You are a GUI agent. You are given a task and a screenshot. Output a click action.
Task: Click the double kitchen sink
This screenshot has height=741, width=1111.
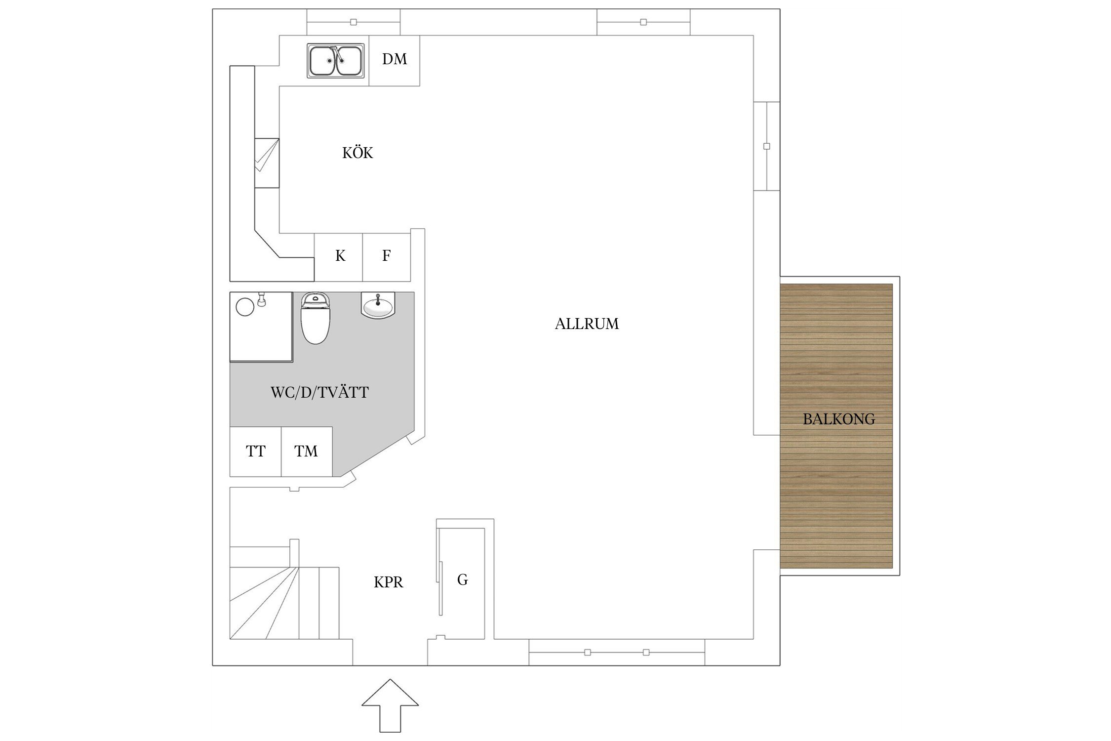(x=336, y=60)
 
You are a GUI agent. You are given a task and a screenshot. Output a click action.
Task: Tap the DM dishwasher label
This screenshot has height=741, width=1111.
(x=395, y=59)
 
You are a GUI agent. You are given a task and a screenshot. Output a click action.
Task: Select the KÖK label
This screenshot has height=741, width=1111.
(x=357, y=153)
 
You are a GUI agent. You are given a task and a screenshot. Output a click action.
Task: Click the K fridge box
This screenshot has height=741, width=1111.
(x=339, y=257)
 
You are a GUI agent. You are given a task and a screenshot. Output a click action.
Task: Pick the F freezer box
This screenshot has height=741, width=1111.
(x=387, y=257)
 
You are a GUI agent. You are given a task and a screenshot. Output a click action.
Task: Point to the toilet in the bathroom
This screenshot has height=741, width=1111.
(x=316, y=318)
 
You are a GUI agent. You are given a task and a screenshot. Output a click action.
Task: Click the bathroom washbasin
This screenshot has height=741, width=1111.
(x=378, y=305)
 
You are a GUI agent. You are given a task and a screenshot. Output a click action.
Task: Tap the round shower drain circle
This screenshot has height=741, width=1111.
(x=245, y=307)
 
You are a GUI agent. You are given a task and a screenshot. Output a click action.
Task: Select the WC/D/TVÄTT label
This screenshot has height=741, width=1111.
(x=319, y=393)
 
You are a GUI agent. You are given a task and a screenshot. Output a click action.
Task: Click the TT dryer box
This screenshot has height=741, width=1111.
(x=256, y=452)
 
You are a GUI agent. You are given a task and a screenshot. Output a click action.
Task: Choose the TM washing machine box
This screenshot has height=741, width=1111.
(x=307, y=452)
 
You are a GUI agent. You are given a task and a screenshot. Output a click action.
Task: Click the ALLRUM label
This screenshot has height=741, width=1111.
(x=587, y=324)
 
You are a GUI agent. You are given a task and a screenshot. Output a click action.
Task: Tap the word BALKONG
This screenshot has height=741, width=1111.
(x=839, y=419)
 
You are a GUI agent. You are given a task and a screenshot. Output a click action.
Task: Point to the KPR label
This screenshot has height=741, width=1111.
(x=389, y=582)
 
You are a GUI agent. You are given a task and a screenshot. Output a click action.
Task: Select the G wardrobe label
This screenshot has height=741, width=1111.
(x=463, y=579)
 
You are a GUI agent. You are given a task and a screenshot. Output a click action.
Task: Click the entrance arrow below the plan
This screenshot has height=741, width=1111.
(x=390, y=705)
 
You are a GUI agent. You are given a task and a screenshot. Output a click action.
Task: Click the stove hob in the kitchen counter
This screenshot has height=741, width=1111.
(x=267, y=163)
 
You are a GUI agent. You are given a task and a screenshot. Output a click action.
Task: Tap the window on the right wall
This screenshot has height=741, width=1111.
(x=767, y=146)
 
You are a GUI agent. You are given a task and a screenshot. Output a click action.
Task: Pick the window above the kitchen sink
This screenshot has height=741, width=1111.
(x=354, y=22)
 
